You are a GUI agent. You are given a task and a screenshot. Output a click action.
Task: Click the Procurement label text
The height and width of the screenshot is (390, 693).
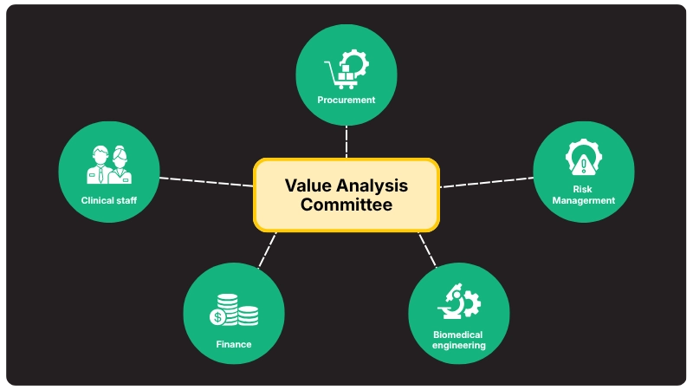tap(346, 100)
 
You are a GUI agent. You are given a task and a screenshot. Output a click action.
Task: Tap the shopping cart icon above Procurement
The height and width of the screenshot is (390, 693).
tap(340, 76)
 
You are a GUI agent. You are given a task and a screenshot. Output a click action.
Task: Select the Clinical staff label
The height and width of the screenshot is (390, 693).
tap(109, 200)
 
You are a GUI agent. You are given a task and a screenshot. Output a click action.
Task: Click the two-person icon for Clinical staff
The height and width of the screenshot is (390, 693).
tap(109, 165)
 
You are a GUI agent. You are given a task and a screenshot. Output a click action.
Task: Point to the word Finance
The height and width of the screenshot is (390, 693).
tap(234, 344)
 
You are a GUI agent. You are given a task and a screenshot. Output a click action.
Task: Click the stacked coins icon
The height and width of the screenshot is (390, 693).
tap(234, 309)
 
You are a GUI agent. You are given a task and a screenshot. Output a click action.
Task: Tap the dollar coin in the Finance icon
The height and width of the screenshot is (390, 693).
tap(217, 317)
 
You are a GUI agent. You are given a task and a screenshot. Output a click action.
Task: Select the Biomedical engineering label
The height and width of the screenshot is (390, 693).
tap(458, 340)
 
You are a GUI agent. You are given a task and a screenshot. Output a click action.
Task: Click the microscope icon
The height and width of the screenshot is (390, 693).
tap(451, 302)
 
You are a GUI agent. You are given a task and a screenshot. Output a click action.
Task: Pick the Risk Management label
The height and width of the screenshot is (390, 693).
tap(583, 194)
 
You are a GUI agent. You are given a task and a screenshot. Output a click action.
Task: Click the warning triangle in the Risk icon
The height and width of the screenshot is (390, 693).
tap(584, 165)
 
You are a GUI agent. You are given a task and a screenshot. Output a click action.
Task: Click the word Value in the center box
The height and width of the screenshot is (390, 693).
tap(307, 185)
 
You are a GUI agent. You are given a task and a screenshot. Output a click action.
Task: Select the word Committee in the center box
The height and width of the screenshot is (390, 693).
tap(346, 205)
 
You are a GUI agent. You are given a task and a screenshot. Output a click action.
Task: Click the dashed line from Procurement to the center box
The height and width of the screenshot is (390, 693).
tap(346, 141)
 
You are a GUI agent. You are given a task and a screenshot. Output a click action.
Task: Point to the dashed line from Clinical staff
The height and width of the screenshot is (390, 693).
tap(206, 182)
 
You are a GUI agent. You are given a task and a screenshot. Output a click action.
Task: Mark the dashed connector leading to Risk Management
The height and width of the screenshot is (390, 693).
tap(487, 182)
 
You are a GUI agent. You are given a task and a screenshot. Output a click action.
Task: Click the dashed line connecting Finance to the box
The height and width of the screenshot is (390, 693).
tap(268, 250)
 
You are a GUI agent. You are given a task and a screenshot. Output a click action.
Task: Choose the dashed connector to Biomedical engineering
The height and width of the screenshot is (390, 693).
tap(427, 250)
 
